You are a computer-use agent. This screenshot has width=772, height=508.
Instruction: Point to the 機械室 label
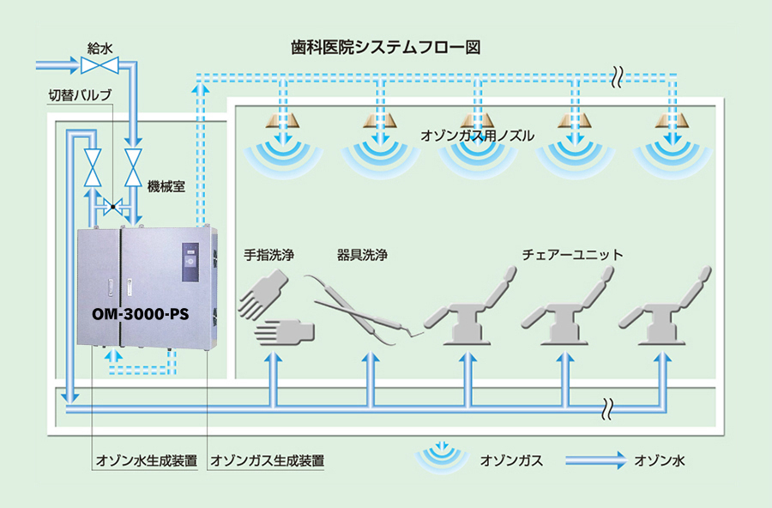pyautogui.click(x=166, y=185)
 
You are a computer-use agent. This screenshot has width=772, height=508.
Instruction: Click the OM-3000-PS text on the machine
pyautogui.click(x=141, y=314)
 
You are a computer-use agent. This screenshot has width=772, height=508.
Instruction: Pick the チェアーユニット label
pyautogui.click(x=572, y=255)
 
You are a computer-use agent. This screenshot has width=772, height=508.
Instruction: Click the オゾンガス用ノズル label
pyautogui.click(x=478, y=136)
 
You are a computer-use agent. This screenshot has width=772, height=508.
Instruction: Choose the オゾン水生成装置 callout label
pyautogui.click(x=147, y=461)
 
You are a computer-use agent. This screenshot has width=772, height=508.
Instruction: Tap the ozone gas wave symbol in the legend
pyautogui.click(x=443, y=457)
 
